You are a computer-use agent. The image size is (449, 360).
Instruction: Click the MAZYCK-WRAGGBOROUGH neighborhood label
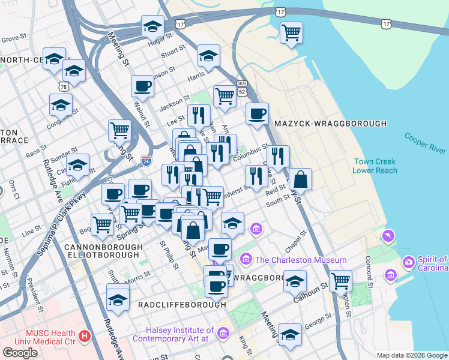click(330, 124)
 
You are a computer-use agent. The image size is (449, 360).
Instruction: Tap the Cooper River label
click(425, 141)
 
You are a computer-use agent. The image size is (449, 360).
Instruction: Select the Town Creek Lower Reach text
click(375, 166)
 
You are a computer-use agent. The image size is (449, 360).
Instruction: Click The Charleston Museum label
click(301, 260)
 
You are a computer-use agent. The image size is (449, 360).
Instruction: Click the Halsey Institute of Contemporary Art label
click(173, 334)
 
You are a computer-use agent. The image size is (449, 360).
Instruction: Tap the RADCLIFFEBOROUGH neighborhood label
click(182, 305)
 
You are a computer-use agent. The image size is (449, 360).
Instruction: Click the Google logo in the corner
click(20, 352)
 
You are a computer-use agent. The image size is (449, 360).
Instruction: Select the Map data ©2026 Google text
click(411, 355)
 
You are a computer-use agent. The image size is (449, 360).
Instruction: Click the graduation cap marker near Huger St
click(152, 27)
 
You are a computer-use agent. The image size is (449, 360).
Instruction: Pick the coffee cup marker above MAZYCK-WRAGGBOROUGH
click(257, 113)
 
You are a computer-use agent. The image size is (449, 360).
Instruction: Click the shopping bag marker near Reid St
click(301, 179)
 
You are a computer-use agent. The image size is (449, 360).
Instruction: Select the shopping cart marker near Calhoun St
click(340, 280)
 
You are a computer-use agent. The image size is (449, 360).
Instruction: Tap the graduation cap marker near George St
click(290, 335)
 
